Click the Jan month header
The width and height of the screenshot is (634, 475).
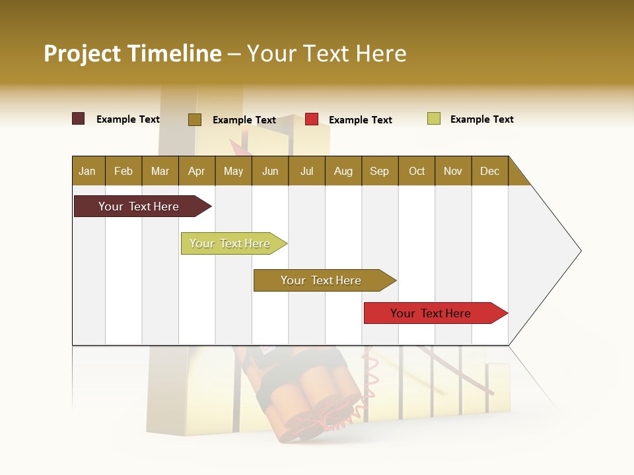88,171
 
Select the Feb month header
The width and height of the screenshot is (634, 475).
123,171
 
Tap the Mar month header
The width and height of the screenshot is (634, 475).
160,171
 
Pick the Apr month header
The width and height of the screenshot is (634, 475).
197,171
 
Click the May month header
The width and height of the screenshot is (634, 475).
233,171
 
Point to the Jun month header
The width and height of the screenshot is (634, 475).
270,171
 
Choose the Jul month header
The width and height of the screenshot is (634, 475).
306,171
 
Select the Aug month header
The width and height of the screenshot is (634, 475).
343,171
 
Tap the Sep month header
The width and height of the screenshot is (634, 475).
380,171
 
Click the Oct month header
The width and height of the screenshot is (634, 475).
417,171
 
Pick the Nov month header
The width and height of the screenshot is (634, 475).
453,171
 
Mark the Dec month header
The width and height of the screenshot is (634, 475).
490,171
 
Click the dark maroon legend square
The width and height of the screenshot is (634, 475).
79,119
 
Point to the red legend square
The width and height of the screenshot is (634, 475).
312,119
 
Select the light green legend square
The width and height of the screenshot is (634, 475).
434,119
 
